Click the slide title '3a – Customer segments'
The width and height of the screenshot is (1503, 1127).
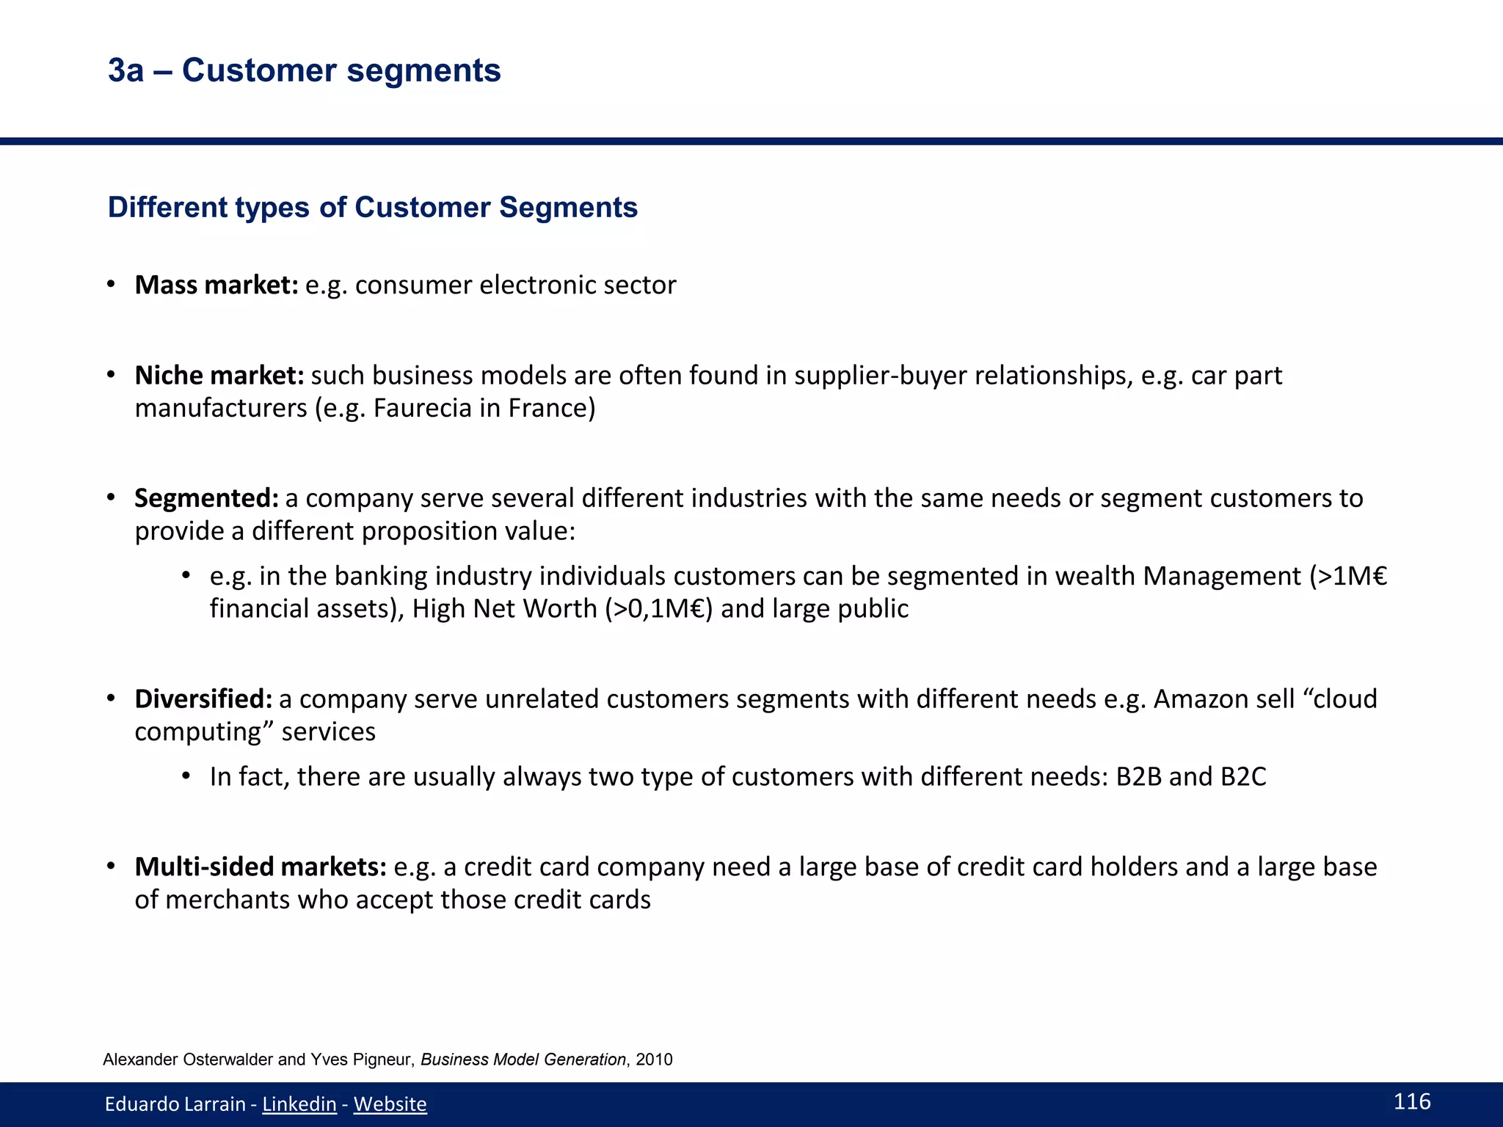click(x=304, y=71)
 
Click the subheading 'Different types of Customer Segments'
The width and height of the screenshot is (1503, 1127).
click(x=372, y=208)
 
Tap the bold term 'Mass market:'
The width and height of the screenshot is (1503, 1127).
click(x=216, y=285)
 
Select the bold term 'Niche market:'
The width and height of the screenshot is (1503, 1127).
click(x=219, y=376)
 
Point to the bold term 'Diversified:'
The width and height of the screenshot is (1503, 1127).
click(x=204, y=699)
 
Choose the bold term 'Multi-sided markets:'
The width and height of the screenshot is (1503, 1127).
click(x=261, y=867)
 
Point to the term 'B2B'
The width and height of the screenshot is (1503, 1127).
click(x=1139, y=777)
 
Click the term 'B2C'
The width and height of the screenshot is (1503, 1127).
click(x=1243, y=777)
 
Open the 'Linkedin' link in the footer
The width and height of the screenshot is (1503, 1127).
click(x=299, y=1104)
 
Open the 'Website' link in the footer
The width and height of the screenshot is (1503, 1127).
click(x=390, y=1104)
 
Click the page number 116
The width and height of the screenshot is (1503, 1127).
click(x=1412, y=1101)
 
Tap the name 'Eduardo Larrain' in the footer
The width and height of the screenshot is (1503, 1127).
click(x=175, y=1104)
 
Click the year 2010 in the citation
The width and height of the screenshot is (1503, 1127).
click(x=655, y=1059)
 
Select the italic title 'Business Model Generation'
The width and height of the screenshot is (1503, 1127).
click(x=523, y=1059)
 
